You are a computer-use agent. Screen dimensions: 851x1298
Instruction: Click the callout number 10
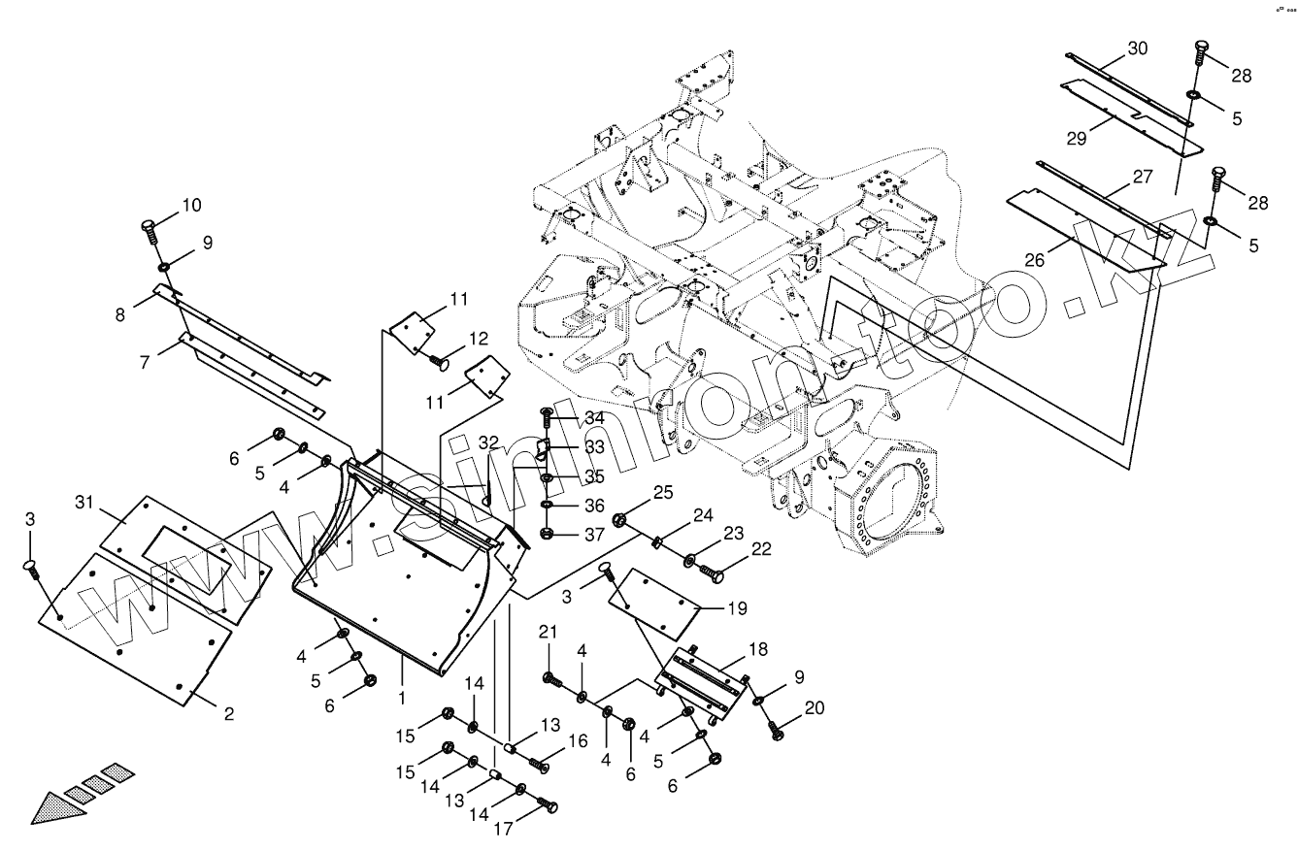191,205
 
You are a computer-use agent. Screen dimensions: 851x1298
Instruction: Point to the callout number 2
229,715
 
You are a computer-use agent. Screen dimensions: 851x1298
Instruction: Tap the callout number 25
662,493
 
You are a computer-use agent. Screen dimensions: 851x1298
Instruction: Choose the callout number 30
1138,48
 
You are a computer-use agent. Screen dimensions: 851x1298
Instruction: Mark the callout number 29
1077,138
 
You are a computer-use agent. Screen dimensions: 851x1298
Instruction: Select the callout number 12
479,338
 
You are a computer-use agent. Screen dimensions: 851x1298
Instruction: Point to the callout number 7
145,362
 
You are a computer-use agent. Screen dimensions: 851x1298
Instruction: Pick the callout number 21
549,633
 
